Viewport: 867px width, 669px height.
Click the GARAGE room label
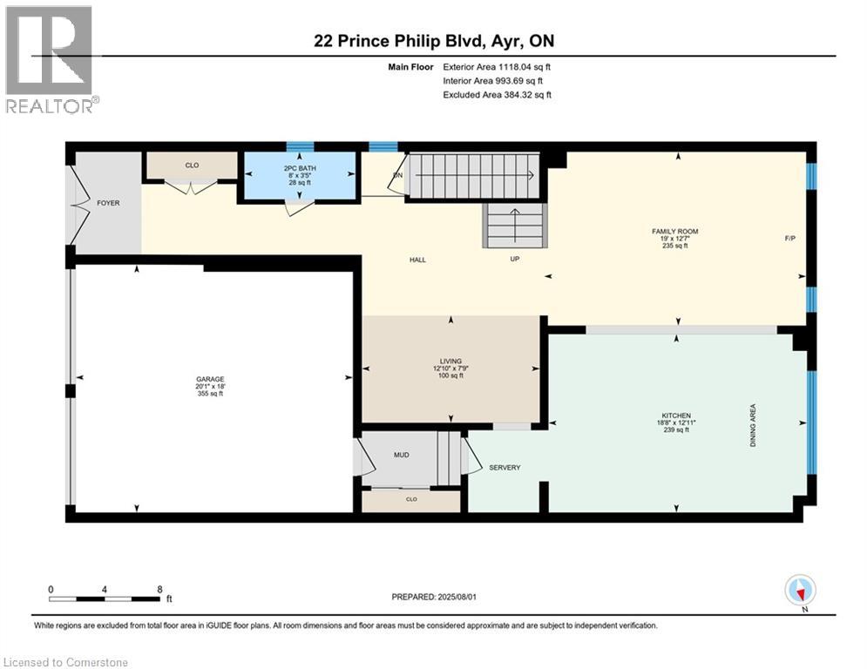pyautogui.click(x=210, y=378)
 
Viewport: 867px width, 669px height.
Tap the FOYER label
pyautogui.click(x=108, y=203)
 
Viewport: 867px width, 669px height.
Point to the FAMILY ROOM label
pyautogui.click(x=675, y=231)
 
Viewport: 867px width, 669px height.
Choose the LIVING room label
pyautogui.click(x=450, y=361)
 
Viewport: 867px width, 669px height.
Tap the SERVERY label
pyautogui.click(x=504, y=468)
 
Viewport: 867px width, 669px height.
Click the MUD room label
pyautogui.click(x=401, y=454)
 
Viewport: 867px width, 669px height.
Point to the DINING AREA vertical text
pyautogui.click(x=754, y=426)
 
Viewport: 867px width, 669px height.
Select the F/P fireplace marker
pyautogui.click(x=789, y=238)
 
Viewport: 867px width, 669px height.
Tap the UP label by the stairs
pyautogui.click(x=515, y=260)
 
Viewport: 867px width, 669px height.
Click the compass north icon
pyautogui.click(x=799, y=591)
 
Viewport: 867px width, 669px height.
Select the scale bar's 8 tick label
pyautogui.click(x=159, y=589)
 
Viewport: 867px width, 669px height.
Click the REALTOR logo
pyautogui.click(x=51, y=60)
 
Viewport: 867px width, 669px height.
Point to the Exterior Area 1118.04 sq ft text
pyautogui.click(x=497, y=66)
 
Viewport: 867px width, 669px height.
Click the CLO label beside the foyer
pyautogui.click(x=192, y=162)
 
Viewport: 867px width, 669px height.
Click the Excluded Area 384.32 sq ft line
pyautogui.click(x=497, y=95)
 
